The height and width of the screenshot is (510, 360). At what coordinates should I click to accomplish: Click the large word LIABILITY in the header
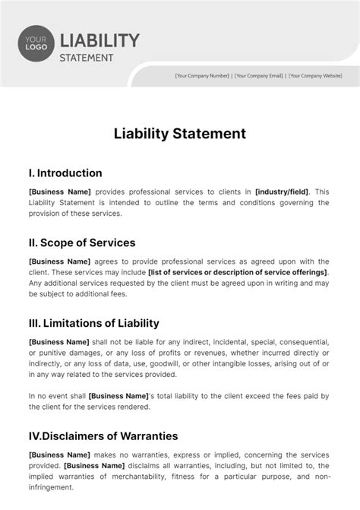pos(99,40)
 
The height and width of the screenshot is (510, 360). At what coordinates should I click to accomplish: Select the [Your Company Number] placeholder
pos(202,76)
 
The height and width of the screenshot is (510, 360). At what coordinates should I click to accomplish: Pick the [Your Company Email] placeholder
pos(260,76)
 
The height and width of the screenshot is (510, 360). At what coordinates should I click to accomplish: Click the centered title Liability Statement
pos(180,133)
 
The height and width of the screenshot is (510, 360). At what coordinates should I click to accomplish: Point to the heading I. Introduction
pos(65,173)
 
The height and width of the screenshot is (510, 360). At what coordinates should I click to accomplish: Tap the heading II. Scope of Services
pos(82,243)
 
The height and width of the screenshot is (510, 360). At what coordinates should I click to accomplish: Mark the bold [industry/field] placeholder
pos(283,192)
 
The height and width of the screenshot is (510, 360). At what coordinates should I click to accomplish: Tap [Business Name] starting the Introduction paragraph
pos(59,192)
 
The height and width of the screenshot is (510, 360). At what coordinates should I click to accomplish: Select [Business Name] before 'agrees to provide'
pos(59,262)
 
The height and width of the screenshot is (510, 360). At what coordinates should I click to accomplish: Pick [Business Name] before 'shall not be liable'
pos(59,341)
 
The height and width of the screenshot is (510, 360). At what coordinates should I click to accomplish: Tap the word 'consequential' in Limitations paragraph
pos(300,341)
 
